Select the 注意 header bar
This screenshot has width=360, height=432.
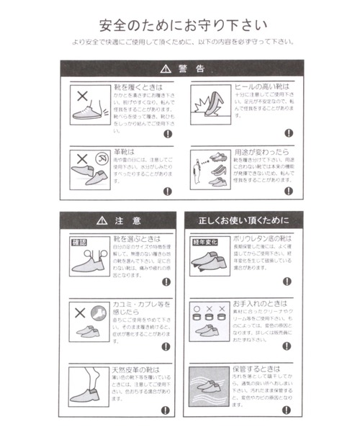coord(118,219)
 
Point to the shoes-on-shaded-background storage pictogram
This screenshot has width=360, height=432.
coord(210,386)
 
